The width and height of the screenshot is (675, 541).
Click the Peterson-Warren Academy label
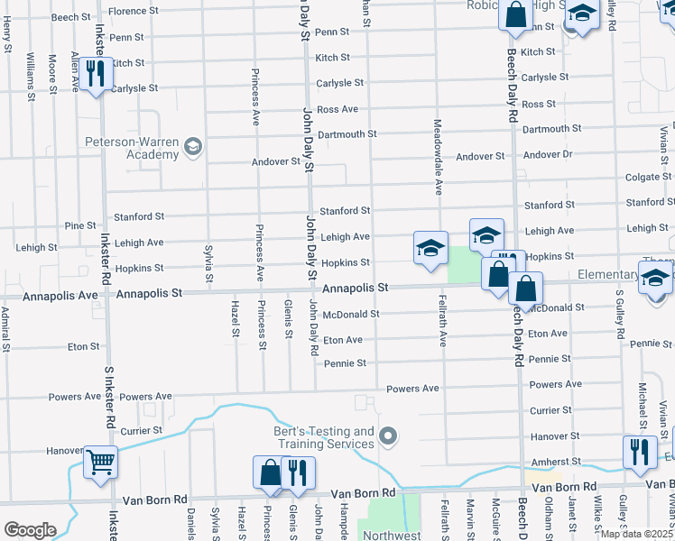132,148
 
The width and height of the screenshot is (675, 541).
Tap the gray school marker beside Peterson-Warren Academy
192,147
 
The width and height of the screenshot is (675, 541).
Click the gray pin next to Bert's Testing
389,437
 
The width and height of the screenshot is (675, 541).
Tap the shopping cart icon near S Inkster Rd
100,463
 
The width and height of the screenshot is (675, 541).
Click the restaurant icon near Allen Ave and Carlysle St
95,73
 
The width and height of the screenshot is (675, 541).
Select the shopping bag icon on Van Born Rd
271,473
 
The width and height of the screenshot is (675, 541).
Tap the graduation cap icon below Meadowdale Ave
431,248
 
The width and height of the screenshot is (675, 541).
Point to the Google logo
29,530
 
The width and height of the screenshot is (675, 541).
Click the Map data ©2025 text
636,534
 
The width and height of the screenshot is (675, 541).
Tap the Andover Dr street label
548,155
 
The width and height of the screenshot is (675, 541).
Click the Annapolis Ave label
60,295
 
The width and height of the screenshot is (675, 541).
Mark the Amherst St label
554,461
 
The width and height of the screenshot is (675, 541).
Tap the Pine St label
80,225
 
